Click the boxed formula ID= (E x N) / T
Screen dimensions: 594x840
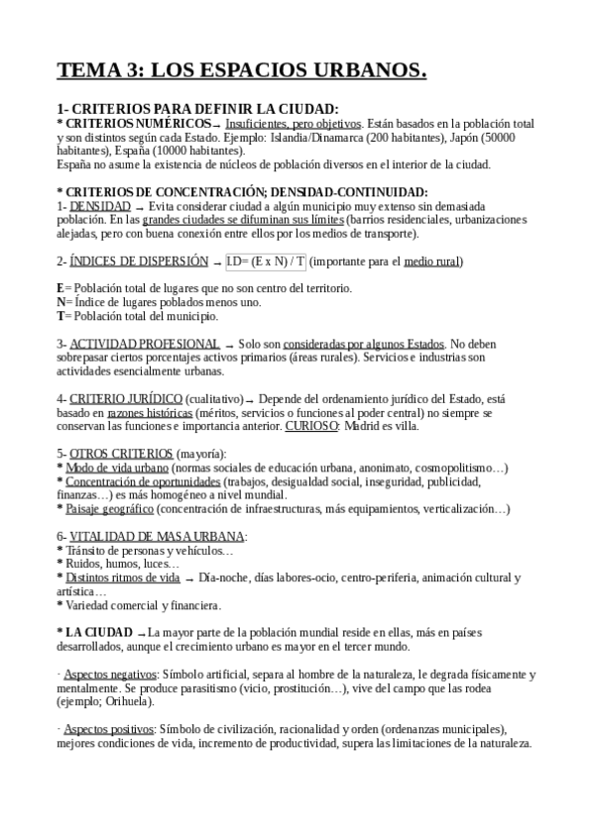(x=267, y=262)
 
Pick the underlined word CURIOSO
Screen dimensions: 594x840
(x=312, y=426)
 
